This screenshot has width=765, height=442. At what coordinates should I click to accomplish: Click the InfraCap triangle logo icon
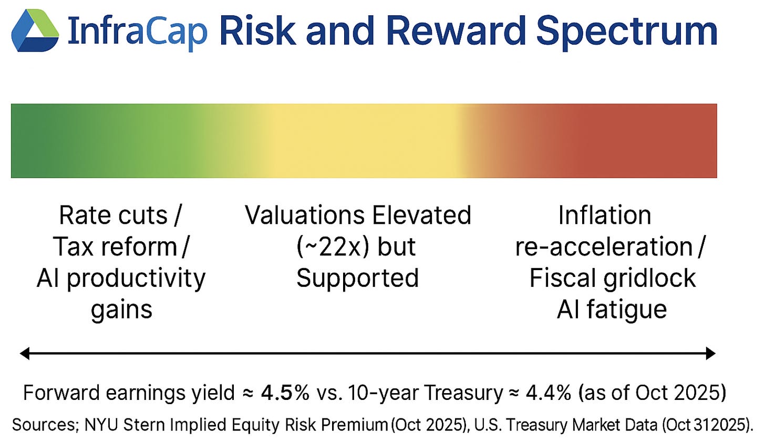[x=35, y=30]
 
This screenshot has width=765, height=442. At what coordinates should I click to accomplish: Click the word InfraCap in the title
[x=138, y=30]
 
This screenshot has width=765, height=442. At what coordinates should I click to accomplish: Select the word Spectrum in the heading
[x=627, y=32]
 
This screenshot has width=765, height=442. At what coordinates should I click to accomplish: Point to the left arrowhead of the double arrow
[x=25, y=353]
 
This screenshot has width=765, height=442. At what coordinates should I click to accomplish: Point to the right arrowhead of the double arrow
[x=710, y=353]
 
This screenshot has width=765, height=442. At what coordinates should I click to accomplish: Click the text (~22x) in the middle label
[x=333, y=246]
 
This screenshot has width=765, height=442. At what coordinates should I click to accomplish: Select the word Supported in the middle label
[x=357, y=279]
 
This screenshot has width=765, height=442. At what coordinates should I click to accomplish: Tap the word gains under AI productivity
[x=121, y=310]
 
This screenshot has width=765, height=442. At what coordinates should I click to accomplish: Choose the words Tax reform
[x=115, y=246]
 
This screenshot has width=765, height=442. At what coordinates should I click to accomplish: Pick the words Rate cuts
[x=113, y=215]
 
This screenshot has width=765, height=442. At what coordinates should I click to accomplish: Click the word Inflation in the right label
[x=605, y=215]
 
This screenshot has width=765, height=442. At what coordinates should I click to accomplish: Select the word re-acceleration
[x=604, y=248]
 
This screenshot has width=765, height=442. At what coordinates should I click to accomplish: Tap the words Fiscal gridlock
[x=612, y=279]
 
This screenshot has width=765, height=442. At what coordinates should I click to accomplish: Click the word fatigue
[x=627, y=310]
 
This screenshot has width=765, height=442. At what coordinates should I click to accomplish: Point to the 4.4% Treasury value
[x=549, y=393]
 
